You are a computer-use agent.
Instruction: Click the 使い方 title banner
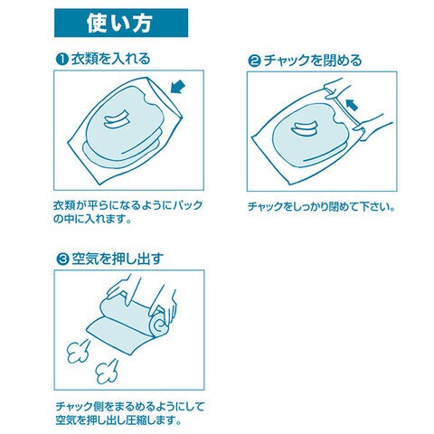point(121,23)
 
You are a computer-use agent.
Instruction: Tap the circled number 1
point(62,59)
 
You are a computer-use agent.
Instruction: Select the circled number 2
point(254,61)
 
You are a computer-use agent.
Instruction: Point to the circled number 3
point(62,259)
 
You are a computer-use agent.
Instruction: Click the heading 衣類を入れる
point(110,59)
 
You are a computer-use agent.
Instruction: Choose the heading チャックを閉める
point(313,61)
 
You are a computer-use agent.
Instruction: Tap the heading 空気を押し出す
point(118,259)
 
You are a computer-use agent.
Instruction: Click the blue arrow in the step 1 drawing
point(177,87)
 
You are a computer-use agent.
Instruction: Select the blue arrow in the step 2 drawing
point(352,105)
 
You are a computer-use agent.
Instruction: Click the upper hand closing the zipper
point(336,88)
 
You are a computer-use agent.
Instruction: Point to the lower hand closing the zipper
point(373,127)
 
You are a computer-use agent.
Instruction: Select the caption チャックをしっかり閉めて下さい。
point(321,207)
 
